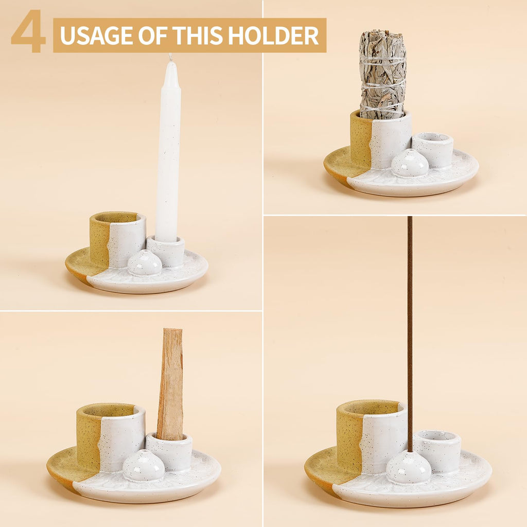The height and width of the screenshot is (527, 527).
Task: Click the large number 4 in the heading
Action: tap(28, 31)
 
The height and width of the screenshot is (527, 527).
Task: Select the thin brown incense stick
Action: tap(410, 329)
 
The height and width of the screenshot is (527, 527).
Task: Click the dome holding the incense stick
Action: tap(409, 467)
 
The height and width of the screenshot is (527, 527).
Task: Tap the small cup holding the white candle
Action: tap(165, 251)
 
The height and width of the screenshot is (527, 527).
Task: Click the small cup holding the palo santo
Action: tap(169, 451)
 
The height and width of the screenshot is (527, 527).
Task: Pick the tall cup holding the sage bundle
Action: tap(381, 140)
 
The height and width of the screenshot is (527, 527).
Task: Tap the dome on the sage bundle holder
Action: tap(410, 163)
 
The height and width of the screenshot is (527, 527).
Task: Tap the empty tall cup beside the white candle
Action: tap(118, 239)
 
